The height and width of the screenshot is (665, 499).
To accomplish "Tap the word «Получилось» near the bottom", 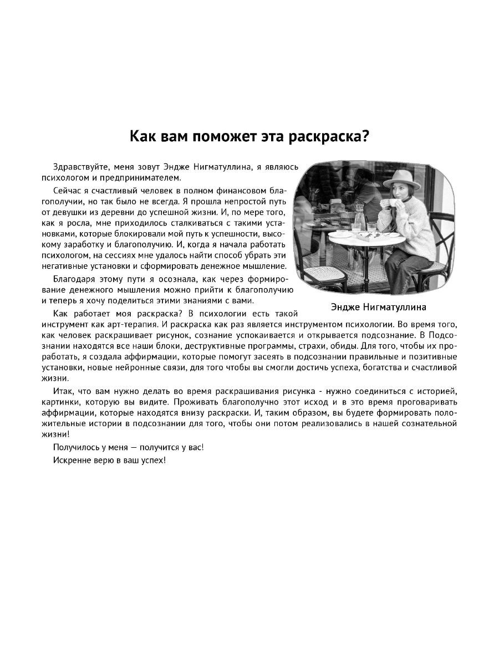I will click(75, 447).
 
